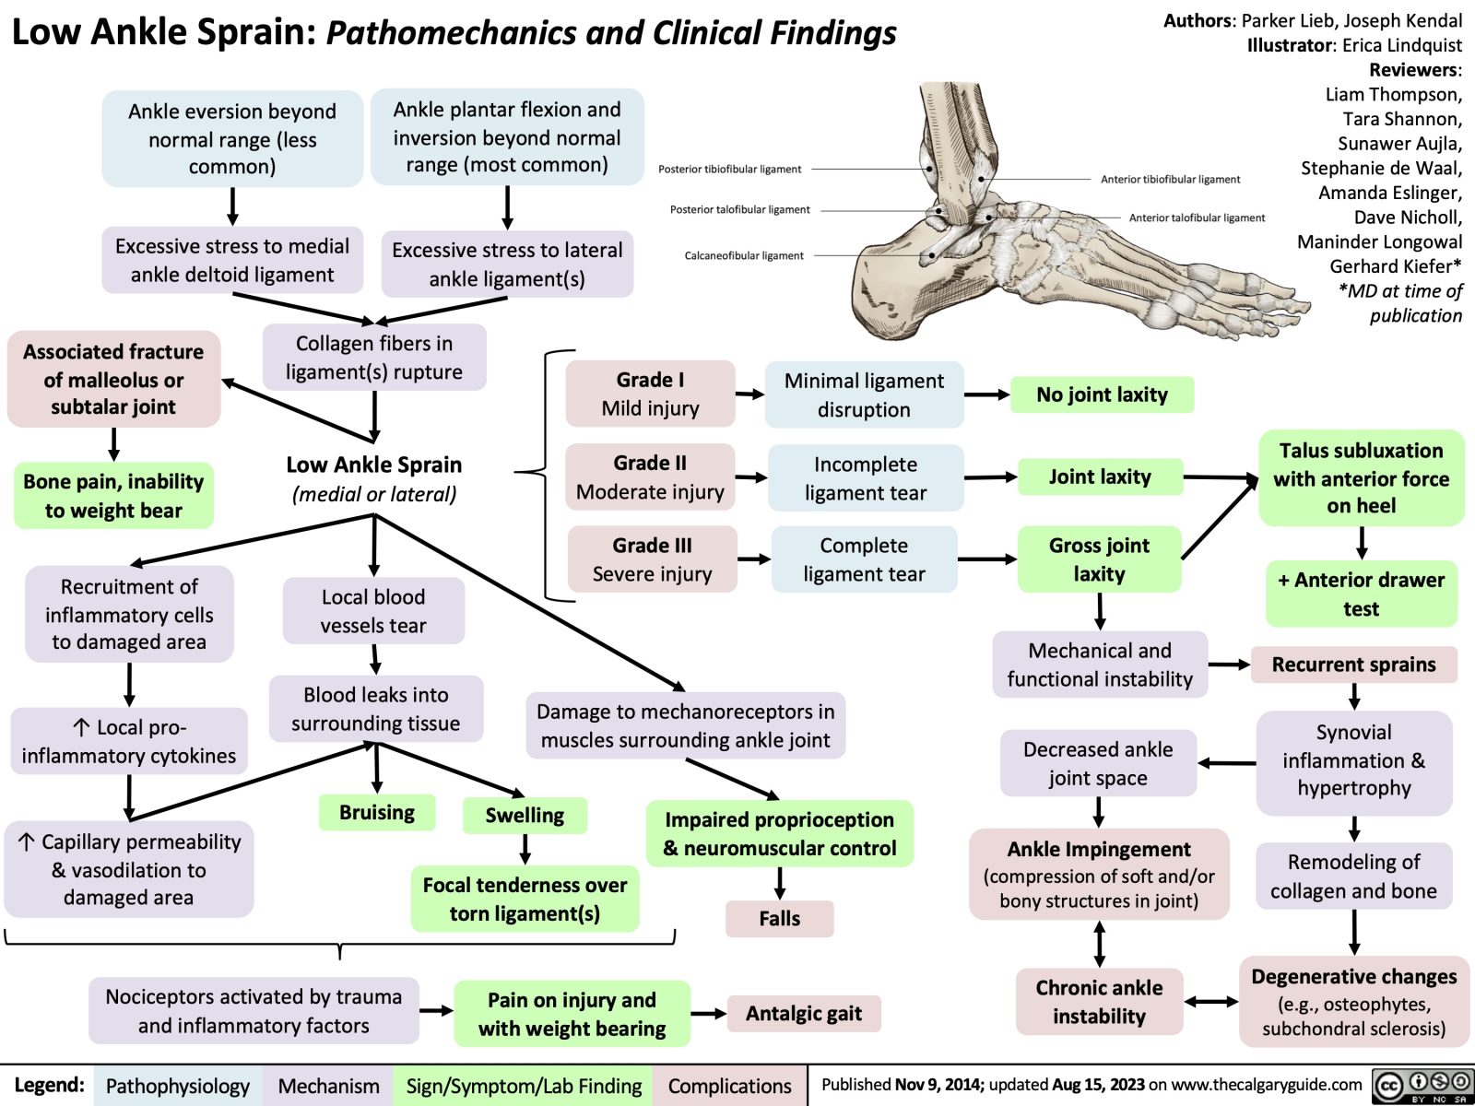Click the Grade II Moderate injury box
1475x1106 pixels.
click(650, 477)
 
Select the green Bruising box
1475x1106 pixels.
click(376, 813)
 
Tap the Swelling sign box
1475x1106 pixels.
click(525, 816)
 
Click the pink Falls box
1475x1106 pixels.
click(779, 919)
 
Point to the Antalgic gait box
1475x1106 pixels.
click(803, 1014)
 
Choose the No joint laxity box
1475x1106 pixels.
click(1102, 394)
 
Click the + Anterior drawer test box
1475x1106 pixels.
click(1361, 594)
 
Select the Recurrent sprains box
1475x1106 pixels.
click(1353, 665)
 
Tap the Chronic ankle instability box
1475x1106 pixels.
click(1099, 1002)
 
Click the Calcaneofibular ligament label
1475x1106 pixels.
click(744, 255)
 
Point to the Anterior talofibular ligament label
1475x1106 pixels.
click(1197, 218)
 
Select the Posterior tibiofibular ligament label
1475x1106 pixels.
click(730, 169)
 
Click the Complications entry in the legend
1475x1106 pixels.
click(729, 1087)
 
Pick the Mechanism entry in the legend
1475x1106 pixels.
click(328, 1087)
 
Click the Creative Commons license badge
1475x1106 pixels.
click(1422, 1086)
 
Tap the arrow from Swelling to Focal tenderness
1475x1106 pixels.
click(525, 849)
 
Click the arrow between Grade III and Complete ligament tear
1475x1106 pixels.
click(754, 559)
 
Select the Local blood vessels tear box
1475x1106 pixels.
click(373, 611)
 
